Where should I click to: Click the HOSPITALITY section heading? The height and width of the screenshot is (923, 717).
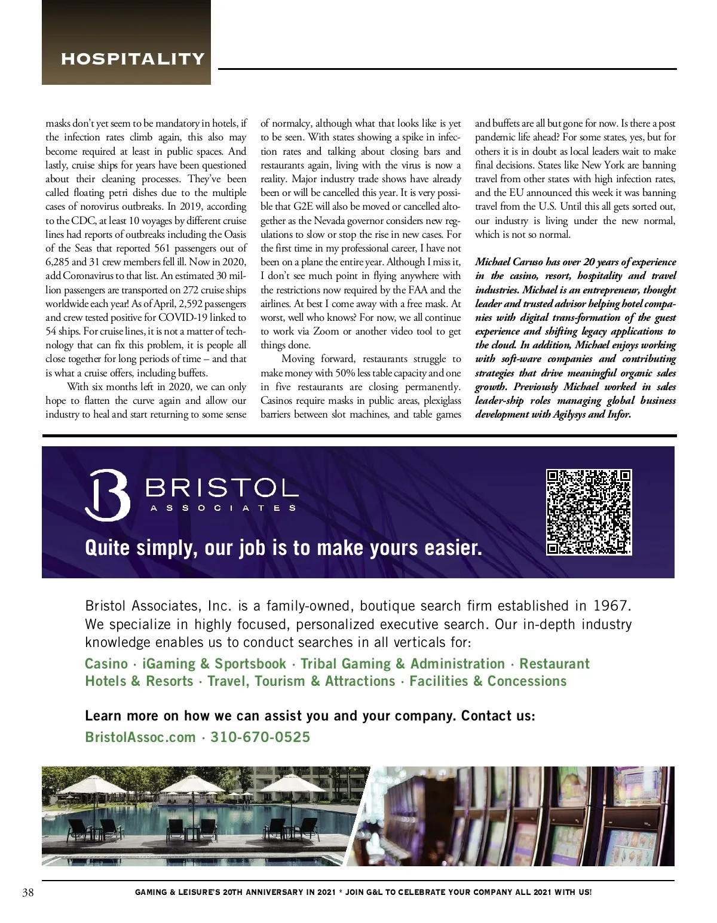pyautogui.click(x=133, y=59)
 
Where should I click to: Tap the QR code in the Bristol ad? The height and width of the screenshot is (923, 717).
pyautogui.click(x=589, y=512)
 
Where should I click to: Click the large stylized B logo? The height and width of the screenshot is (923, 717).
pyautogui.click(x=107, y=495)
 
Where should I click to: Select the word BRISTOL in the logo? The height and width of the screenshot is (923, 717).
pyautogui.click(x=221, y=488)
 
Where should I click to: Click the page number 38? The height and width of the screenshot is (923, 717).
pyautogui.click(x=28, y=893)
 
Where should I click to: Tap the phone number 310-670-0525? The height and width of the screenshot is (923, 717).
pyautogui.click(x=260, y=737)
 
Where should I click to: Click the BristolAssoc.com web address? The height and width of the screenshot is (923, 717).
pyautogui.click(x=140, y=737)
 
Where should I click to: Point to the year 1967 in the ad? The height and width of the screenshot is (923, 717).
pyautogui.click(x=611, y=606)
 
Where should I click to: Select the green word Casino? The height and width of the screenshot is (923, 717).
pyautogui.click(x=106, y=664)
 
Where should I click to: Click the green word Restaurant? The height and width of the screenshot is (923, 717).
pyautogui.click(x=554, y=664)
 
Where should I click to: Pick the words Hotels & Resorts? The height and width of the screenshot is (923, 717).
pyautogui.click(x=139, y=681)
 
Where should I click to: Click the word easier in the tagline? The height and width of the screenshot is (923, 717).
pyautogui.click(x=455, y=548)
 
